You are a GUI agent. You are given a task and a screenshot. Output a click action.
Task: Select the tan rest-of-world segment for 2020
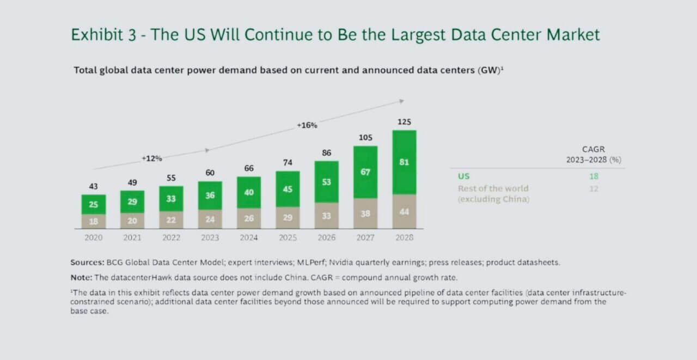94,221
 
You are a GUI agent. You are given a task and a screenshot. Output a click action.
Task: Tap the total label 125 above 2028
404,122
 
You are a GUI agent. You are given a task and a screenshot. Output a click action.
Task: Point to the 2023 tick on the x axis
210,237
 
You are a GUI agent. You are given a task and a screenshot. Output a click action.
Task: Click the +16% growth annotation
307,125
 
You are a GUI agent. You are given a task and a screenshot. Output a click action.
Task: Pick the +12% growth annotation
152,158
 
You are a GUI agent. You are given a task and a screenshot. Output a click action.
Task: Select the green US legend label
463,176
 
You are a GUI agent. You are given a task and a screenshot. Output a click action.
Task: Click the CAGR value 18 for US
593,176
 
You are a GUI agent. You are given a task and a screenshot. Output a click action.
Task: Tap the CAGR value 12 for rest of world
593,188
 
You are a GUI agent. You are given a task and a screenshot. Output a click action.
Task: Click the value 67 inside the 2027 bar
365,172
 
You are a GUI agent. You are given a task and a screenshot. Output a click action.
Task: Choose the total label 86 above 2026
326,153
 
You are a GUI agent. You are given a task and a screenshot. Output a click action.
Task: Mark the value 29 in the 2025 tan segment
288,217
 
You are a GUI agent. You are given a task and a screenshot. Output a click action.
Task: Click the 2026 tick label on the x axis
326,237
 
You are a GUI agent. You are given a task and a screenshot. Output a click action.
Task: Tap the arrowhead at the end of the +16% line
401,101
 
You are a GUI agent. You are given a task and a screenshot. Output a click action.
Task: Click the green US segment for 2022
171,199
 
